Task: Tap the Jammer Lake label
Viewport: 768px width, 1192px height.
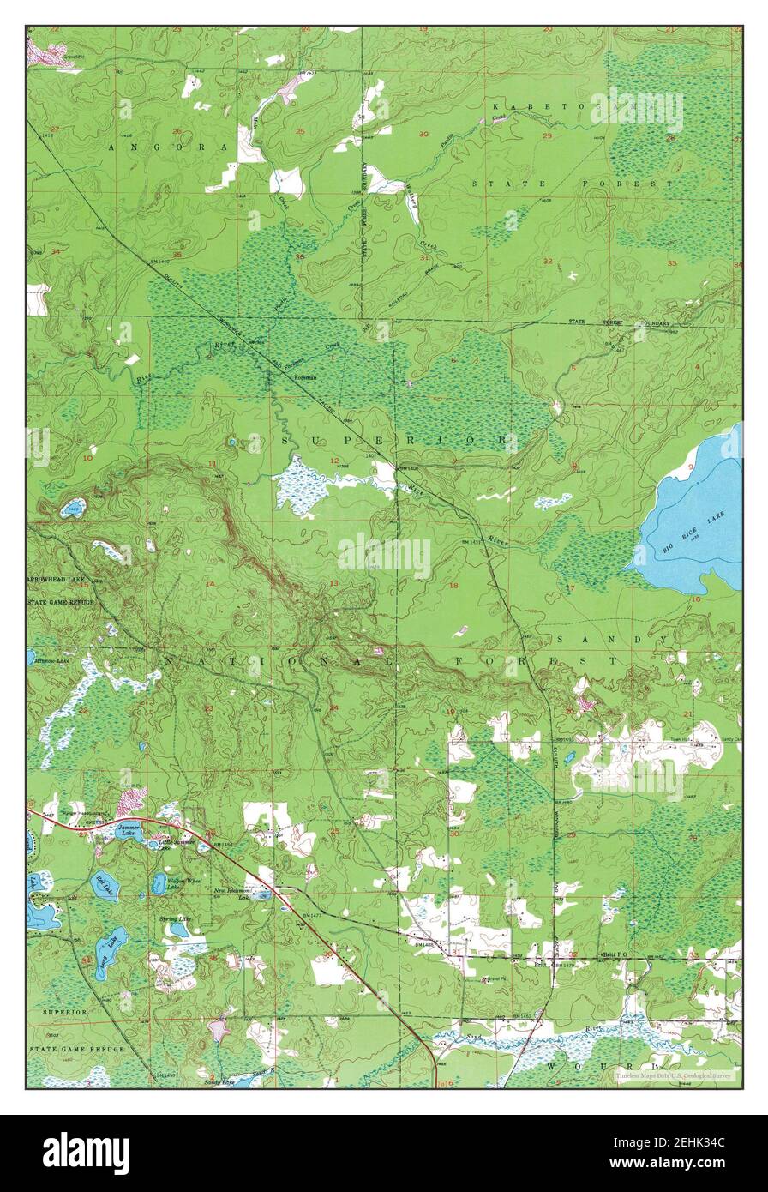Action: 129,830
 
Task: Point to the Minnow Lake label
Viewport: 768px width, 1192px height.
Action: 51,661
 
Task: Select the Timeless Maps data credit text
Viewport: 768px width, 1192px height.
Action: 673,1075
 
